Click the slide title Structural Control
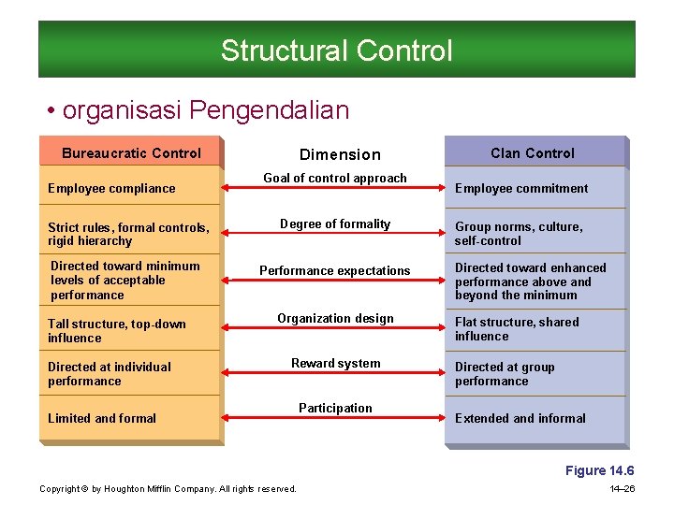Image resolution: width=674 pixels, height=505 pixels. coord(336,50)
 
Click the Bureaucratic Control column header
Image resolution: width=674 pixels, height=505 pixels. coord(131,153)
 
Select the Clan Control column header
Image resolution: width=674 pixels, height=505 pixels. coord(533,153)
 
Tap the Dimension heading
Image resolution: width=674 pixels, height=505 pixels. coord(340,155)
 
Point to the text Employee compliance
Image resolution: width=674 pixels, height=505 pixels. coord(111,189)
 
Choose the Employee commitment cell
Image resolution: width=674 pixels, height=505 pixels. coord(521,189)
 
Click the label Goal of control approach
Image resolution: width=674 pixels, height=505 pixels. coord(335,179)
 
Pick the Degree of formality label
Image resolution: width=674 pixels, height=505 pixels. coord(335,224)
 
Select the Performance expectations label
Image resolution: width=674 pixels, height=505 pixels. coord(335,271)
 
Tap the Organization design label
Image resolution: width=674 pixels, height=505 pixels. coord(335,319)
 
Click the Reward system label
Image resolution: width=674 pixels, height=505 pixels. coord(335,364)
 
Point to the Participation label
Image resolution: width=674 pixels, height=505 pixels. coord(335,409)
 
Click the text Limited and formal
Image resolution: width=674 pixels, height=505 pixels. coord(102,419)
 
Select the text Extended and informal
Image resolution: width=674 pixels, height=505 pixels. coord(520,419)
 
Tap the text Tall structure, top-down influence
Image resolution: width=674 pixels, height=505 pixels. coord(117,331)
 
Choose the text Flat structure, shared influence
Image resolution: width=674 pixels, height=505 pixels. coord(517,329)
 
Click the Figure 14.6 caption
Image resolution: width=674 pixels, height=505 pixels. coord(600,471)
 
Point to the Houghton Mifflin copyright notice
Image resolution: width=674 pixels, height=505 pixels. coord(168,489)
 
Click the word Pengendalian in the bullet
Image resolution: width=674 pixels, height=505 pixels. coord(269,111)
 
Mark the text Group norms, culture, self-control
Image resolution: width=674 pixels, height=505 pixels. coord(519,234)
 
